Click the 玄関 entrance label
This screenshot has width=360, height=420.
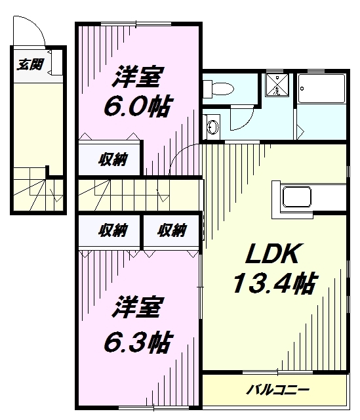tap(30, 64)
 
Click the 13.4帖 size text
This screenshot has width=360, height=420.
tap(273, 284)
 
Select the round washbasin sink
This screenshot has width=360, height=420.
tap(212, 127)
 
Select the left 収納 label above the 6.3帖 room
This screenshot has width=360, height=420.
tap(113, 230)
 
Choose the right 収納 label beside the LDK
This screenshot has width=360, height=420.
tap(172, 230)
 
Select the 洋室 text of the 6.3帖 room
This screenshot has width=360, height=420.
tap(137, 307)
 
